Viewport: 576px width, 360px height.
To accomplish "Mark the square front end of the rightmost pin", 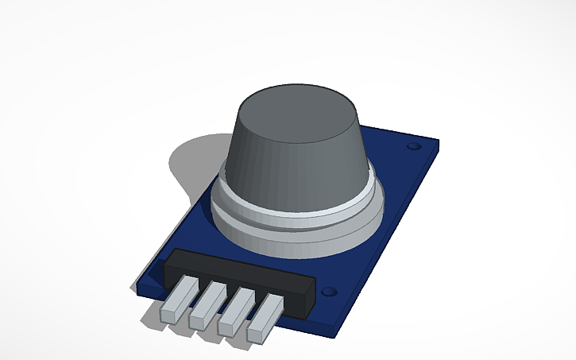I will [x=257, y=332].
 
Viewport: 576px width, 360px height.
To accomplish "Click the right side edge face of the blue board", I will [x=389, y=238].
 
